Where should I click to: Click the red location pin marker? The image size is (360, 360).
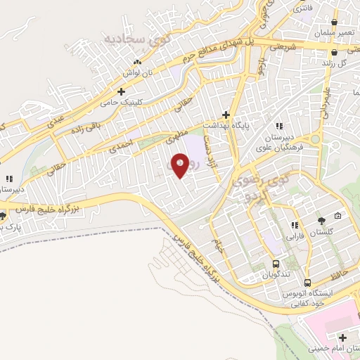coord(181,166)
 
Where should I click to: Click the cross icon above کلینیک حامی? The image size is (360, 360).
coord(122,91)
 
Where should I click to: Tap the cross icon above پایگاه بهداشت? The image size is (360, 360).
coord(226,114)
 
